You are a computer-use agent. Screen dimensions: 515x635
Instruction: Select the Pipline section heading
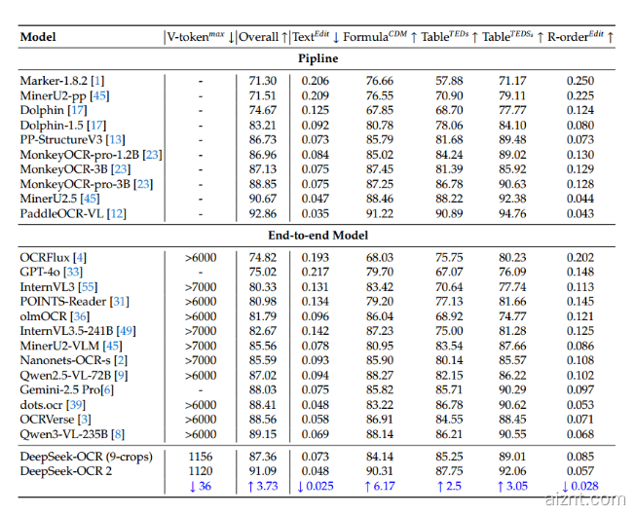317,59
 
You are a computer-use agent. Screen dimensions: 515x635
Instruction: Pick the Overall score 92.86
263,213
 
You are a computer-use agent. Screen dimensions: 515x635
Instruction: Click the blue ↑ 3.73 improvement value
263,486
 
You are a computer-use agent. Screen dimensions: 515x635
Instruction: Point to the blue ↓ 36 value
201,486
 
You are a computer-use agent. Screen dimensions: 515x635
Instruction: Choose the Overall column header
263,37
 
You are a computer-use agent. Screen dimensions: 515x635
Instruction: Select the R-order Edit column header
580,37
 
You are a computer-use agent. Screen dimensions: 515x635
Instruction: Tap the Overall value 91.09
263,471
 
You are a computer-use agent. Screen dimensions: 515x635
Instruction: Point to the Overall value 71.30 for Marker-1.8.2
263,80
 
